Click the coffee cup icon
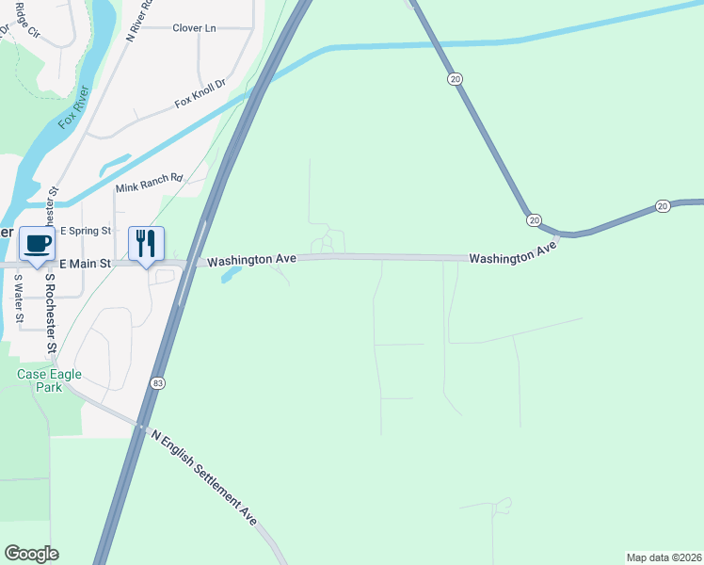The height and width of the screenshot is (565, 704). click(x=38, y=244)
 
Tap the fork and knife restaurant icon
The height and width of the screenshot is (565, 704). click(x=146, y=244)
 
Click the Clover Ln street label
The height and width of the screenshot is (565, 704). click(x=194, y=28)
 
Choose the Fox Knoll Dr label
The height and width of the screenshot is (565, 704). click(x=200, y=94)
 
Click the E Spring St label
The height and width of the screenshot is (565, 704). click(x=86, y=231)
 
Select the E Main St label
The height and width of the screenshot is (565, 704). click(x=86, y=266)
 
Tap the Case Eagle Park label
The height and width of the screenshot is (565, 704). click(x=49, y=380)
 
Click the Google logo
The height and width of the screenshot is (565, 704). click(x=31, y=554)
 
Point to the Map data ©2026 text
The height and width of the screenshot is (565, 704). click(x=664, y=557)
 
